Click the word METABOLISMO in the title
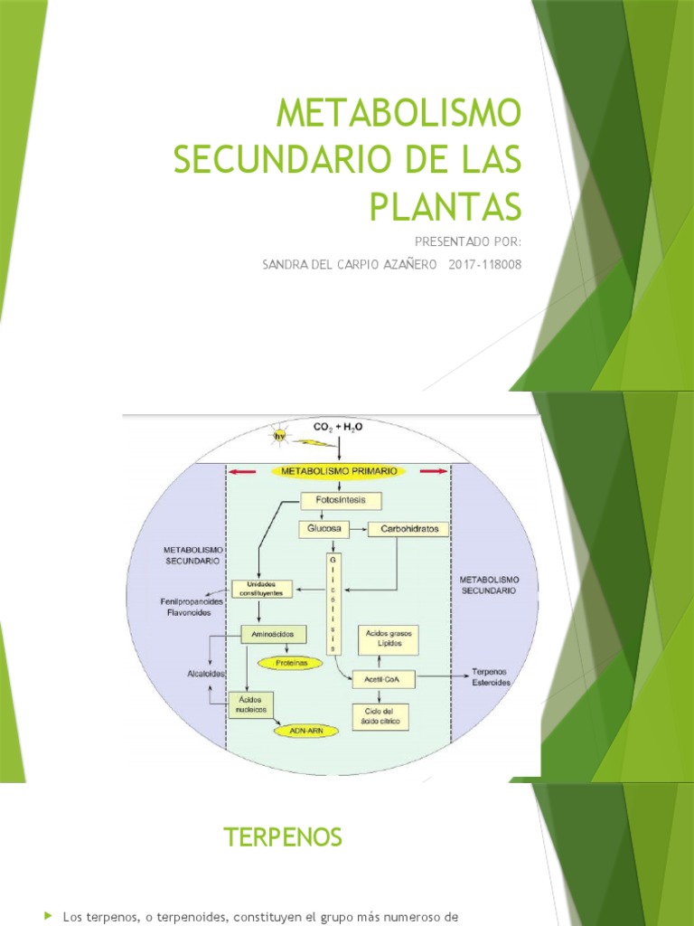(399, 115)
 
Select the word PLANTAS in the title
(446, 205)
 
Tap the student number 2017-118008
(485, 264)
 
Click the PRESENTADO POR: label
(467, 241)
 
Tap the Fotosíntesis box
(342, 500)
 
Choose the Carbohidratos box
(408, 529)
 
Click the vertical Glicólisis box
(333, 601)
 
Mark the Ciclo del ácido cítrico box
(384, 716)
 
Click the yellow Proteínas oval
(287, 663)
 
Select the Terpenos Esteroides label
(492, 677)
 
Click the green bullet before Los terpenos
(49, 917)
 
